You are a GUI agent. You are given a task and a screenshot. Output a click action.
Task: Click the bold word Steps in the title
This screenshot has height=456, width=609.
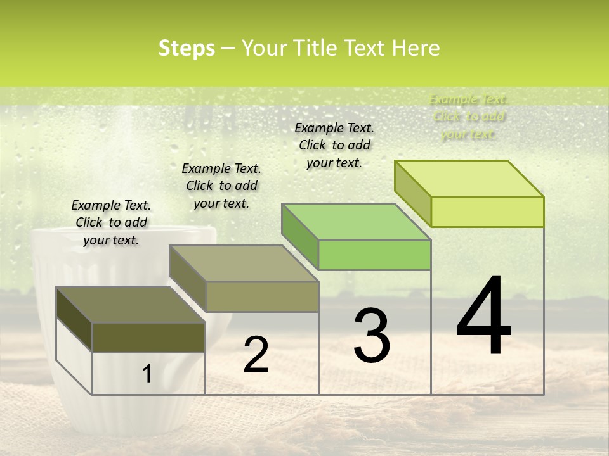tap(187, 49)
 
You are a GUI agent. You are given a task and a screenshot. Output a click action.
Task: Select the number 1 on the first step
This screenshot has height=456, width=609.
tap(147, 374)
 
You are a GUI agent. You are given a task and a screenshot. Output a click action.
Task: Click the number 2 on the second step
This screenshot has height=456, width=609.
tap(256, 355)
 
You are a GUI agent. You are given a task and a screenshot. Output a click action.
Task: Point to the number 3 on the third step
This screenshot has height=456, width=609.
tap(371, 336)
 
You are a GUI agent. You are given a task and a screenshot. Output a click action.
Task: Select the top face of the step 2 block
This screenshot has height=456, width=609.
tap(244, 263)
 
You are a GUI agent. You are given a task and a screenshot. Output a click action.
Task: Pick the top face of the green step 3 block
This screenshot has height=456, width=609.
tap(356, 222)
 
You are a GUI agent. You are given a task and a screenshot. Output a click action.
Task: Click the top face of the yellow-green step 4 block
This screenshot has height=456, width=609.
tap(469, 179)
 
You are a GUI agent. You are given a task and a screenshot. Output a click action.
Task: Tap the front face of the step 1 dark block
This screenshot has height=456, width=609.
tap(148, 338)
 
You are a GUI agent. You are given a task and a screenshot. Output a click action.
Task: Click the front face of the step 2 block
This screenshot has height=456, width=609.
tap(262, 296)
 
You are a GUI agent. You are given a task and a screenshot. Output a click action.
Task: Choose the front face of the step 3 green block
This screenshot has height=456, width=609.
tap(374, 255)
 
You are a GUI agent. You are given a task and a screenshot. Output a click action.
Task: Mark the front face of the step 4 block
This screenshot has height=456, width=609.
tap(487, 212)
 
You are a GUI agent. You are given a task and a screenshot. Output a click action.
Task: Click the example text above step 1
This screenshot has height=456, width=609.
tap(111, 222)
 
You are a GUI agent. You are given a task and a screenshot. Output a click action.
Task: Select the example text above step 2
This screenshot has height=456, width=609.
tap(221, 186)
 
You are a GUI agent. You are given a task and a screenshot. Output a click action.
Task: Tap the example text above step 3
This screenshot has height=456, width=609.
tap(334, 145)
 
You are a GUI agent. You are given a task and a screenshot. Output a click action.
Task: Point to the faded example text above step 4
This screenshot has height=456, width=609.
tap(468, 117)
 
